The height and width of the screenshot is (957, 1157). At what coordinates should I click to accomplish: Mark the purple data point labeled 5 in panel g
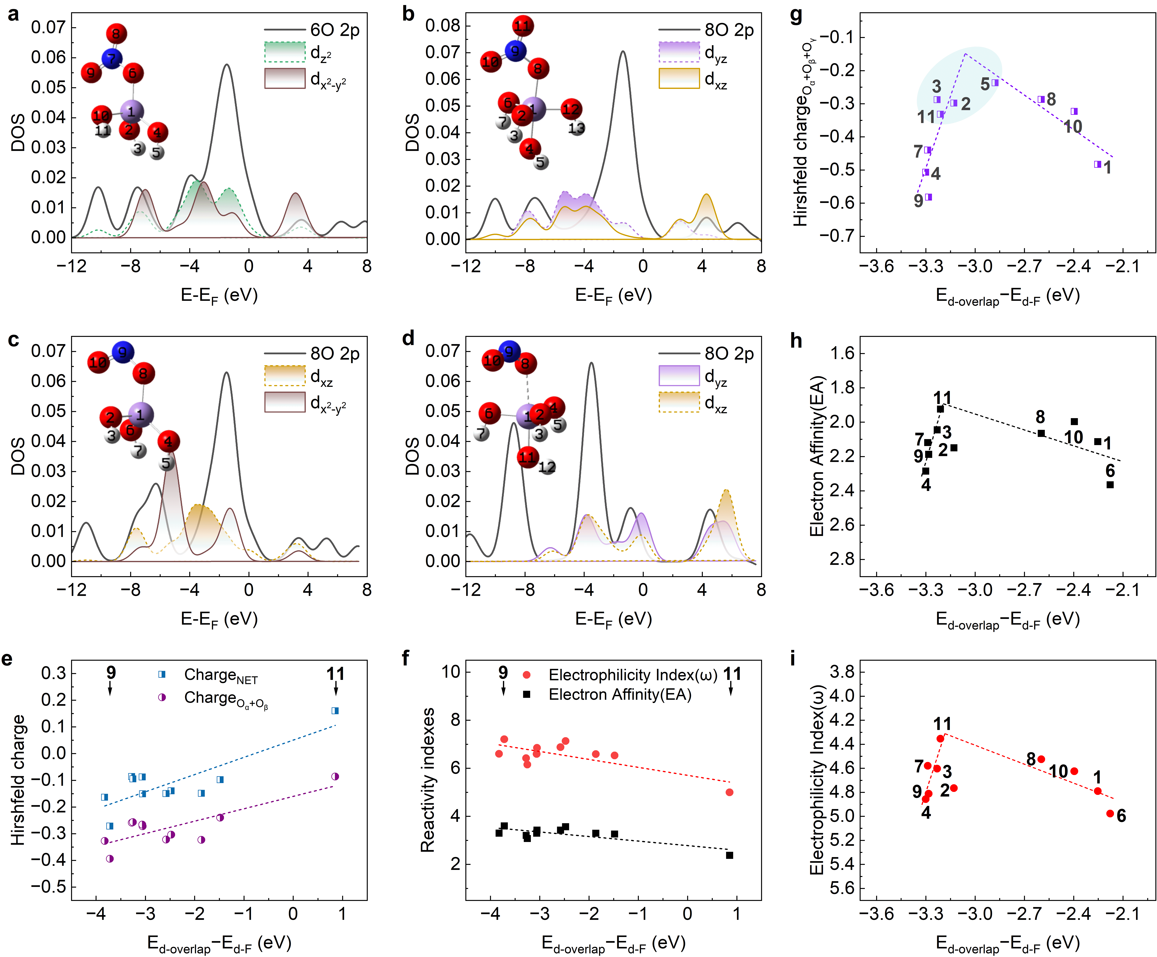point(995,83)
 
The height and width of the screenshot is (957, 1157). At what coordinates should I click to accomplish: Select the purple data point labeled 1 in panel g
point(1098,164)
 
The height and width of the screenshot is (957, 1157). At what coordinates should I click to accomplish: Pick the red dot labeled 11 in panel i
point(940,738)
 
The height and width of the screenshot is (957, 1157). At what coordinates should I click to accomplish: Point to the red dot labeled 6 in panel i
point(1110,813)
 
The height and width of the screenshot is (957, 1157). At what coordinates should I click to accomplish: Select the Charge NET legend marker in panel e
point(162,674)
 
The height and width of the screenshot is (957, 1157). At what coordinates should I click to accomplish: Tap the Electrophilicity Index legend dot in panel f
point(527,675)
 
